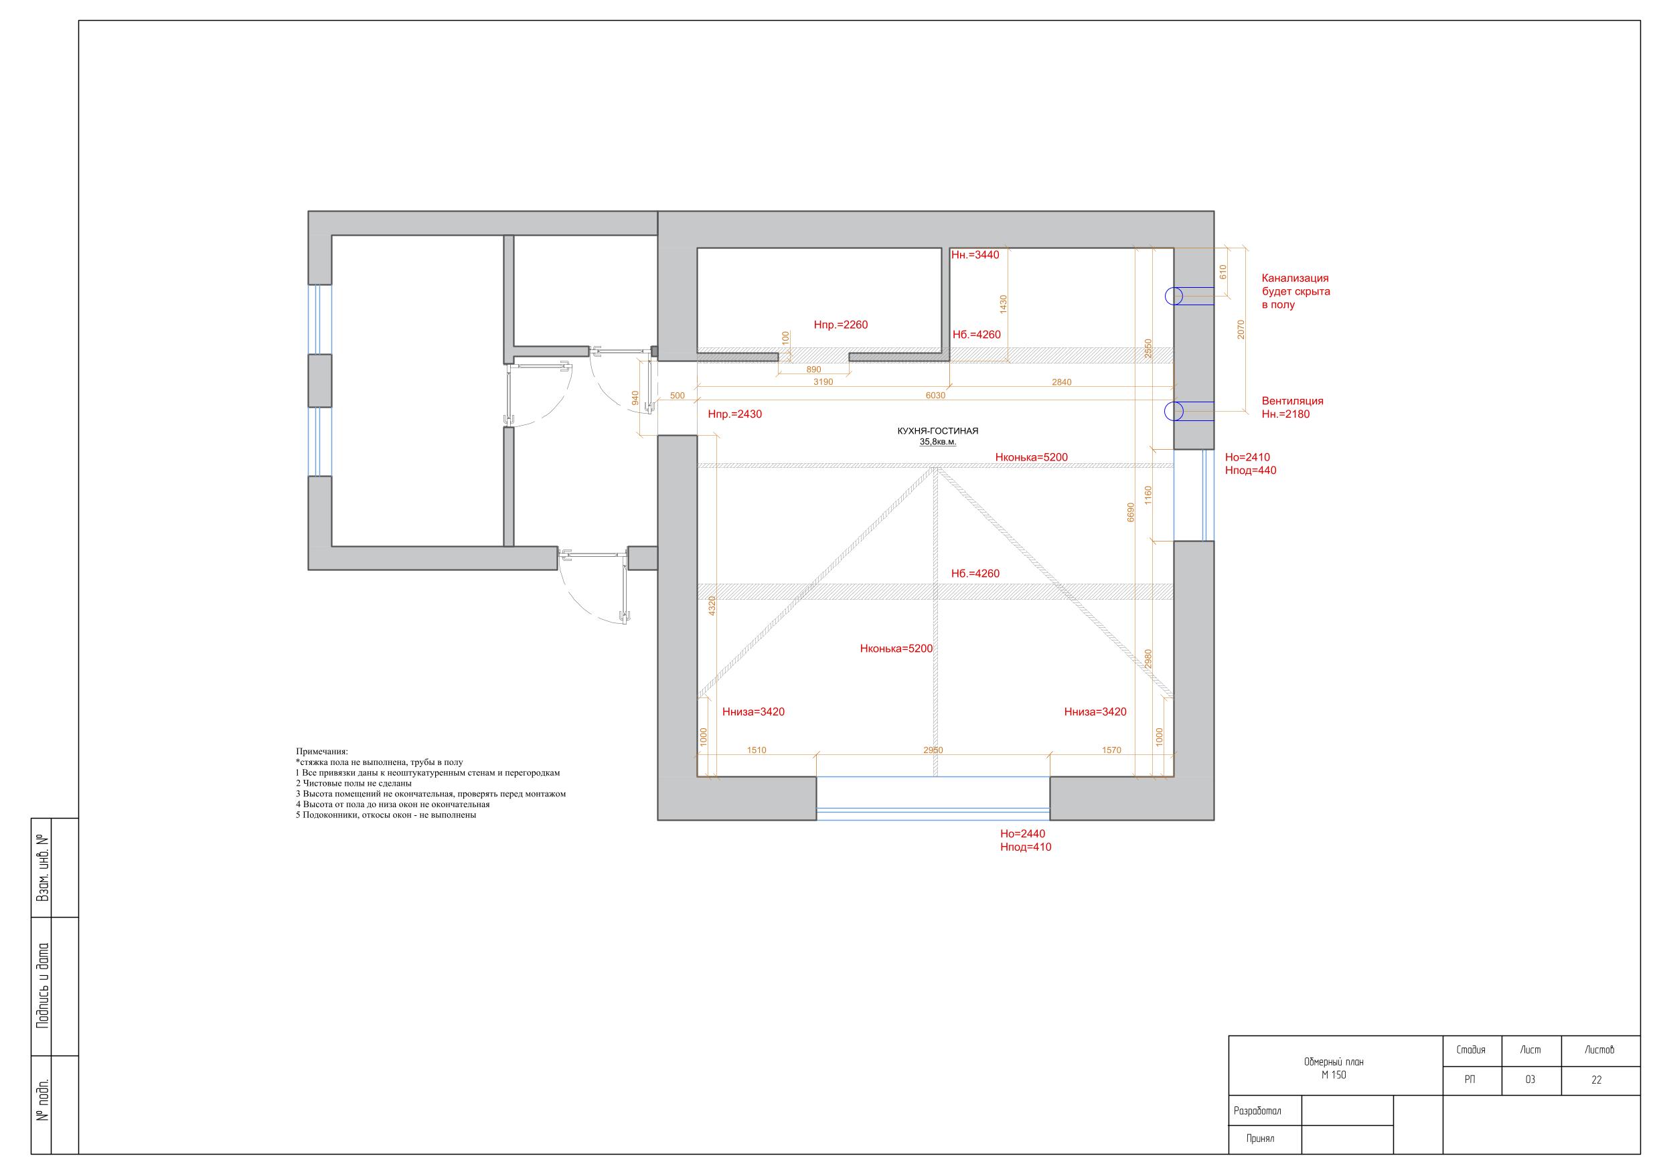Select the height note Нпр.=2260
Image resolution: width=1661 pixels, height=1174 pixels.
tap(841, 325)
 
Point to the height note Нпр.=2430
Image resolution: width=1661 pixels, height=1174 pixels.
tap(735, 414)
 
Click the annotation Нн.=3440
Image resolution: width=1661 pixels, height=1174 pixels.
tap(975, 254)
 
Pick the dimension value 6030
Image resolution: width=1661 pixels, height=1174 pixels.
tap(935, 396)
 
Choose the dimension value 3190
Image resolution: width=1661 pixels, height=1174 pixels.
tap(823, 382)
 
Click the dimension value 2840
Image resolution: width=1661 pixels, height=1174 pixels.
tap(1061, 382)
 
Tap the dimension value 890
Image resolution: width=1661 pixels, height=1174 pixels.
tap(813, 369)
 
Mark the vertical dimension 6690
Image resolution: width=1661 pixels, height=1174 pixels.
tap(1131, 512)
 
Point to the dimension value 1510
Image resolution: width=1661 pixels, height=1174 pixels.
tap(756, 750)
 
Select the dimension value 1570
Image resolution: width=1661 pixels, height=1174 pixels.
tap(1111, 750)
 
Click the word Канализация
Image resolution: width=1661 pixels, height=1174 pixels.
tap(1295, 278)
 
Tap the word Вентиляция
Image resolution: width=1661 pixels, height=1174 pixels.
tap(1293, 401)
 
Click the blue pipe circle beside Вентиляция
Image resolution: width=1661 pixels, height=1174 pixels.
tap(1174, 412)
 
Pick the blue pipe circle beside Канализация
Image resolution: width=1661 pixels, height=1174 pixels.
tap(1174, 296)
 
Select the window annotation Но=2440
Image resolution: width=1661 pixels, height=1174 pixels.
tap(1022, 834)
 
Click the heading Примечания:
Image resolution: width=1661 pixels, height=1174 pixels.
tap(322, 752)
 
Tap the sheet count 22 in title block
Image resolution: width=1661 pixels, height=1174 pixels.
tap(1597, 1080)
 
